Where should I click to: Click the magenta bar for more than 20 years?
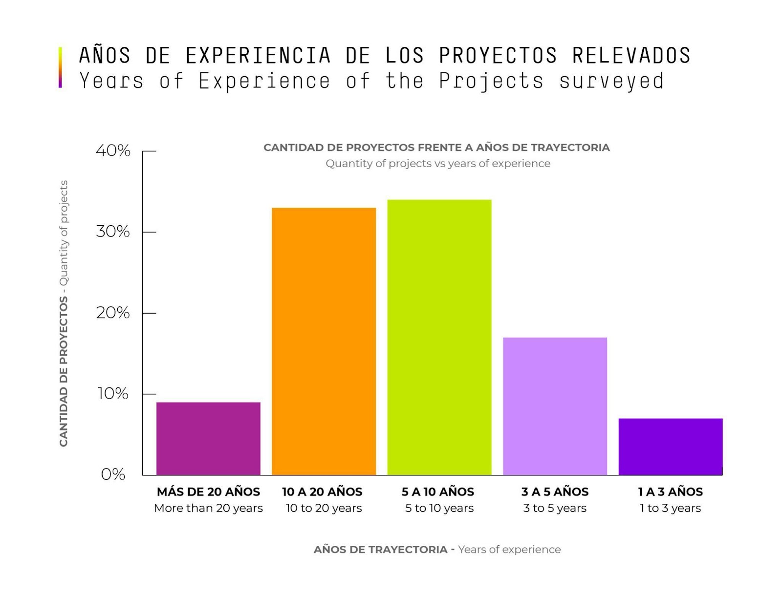(x=208, y=438)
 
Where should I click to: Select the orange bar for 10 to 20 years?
(x=324, y=341)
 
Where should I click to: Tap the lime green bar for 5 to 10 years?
(x=439, y=337)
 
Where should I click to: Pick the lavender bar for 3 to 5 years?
(x=555, y=406)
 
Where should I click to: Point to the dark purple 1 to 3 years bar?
(x=670, y=447)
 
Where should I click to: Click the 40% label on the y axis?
(x=113, y=150)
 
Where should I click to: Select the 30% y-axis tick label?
(x=113, y=232)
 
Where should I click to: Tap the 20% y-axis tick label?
(x=113, y=313)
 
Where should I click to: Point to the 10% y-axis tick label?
(x=113, y=394)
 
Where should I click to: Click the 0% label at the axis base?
(x=113, y=474)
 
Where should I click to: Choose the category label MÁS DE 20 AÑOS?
(x=208, y=492)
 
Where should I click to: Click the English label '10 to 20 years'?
(x=324, y=508)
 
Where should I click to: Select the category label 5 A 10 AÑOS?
(x=438, y=492)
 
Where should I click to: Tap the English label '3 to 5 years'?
(x=555, y=508)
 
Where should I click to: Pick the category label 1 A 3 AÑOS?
(x=670, y=492)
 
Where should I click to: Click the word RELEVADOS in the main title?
(x=631, y=55)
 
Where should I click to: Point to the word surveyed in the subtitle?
(x=611, y=81)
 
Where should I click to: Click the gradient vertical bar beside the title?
(x=60, y=67)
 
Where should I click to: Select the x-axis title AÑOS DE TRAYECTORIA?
(x=380, y=550)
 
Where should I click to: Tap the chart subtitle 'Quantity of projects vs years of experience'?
(x=438, y=164)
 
